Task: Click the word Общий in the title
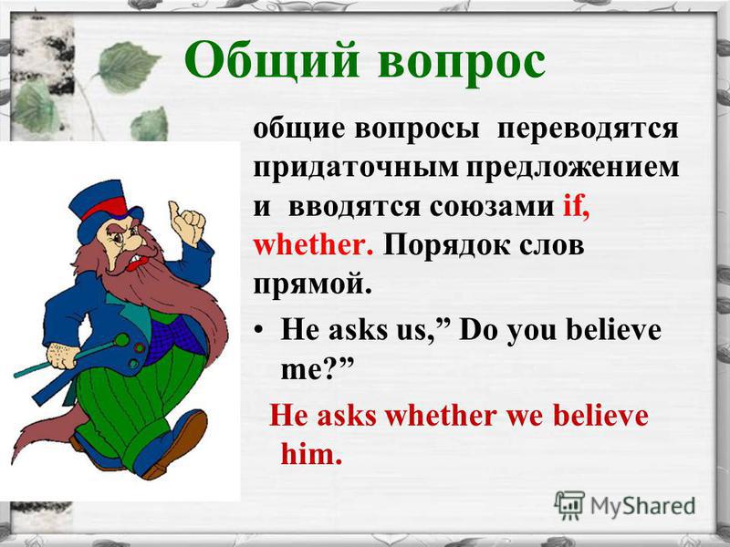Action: (x=272, y=60)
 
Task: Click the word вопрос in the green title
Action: (x=462, y=63)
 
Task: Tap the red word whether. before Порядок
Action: (x=313, y=245)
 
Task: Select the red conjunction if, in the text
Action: (x=577, y=206)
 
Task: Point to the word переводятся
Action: (x=588, y=129)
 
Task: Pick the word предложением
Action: (x=573, y=169)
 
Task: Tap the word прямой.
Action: (x=312, y=284)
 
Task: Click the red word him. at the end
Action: (x=311, y=453)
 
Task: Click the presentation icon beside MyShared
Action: (x=569, y=505)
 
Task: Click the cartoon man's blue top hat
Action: (x=105, y=210)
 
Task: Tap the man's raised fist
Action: (x=187, y=223)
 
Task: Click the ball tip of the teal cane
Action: (x=122, y=340)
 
